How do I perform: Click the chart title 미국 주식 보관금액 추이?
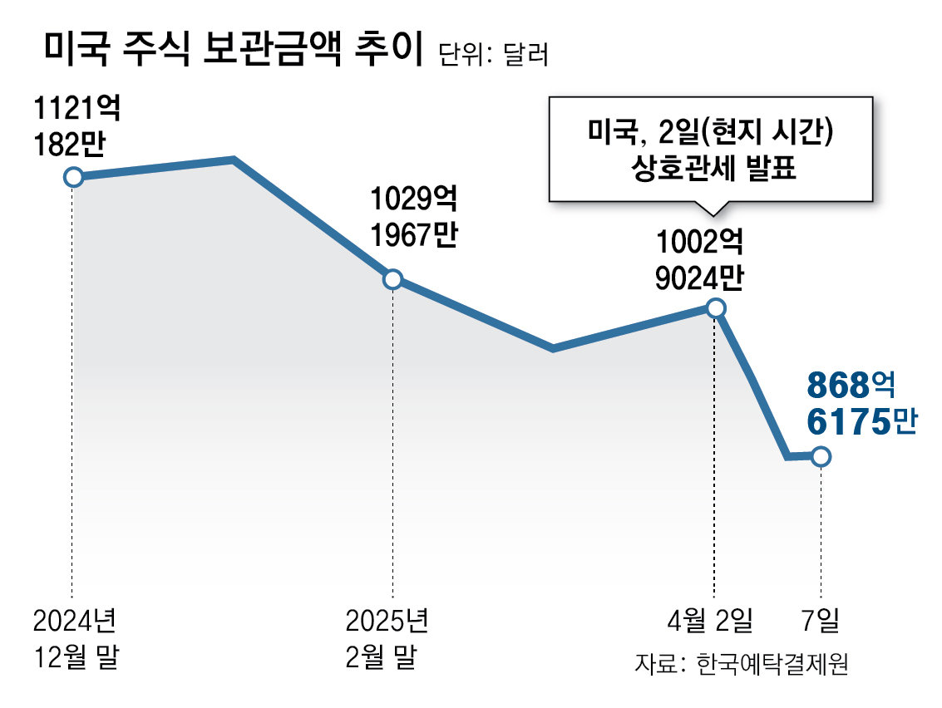click(x=233, y=52)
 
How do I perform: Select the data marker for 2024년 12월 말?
click(x=73, y=177)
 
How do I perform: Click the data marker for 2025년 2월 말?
click(x=392, y=279)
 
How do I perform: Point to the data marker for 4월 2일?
click(x=715, y=308)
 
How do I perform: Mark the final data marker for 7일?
click(x=821, y=456)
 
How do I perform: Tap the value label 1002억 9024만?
click(x=698, y=261)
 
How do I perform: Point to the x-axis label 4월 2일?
click(x=713, y=620)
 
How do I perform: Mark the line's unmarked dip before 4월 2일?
click(x=553, y=348)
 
